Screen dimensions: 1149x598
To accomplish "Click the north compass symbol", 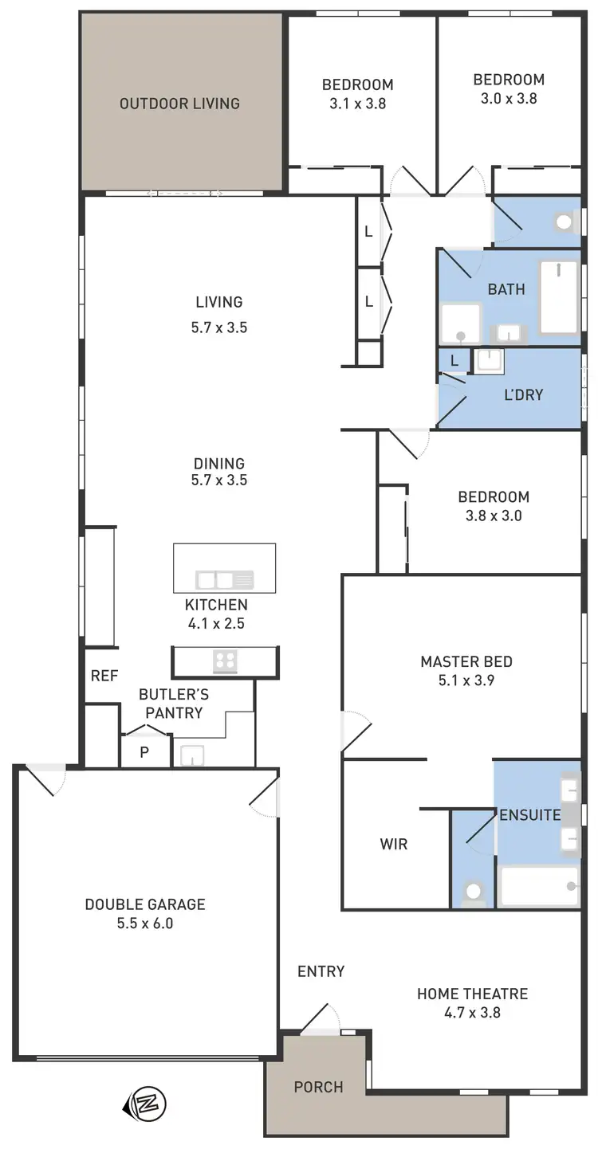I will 145,1104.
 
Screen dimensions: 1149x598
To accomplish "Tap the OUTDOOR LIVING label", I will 179,104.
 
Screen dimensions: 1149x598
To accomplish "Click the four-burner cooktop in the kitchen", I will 225,661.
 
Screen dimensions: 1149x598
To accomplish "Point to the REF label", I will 104,676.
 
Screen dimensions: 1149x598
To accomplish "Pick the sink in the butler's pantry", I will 191,755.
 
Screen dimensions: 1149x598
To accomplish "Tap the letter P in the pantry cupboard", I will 144,752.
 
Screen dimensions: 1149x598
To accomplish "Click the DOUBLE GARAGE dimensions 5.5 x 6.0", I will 145,924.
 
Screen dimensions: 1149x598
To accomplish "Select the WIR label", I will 394,844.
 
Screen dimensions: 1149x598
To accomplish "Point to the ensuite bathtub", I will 539,887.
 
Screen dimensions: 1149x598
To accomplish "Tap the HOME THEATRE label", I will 472,994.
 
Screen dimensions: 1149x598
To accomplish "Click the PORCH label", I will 318,1087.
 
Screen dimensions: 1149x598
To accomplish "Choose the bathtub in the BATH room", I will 560,297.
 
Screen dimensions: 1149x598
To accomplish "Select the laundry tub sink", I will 488,362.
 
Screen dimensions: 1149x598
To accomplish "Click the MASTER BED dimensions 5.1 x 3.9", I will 466,681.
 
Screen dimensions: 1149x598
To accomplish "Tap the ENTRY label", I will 321,971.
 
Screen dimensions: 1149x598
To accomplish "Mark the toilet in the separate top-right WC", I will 566,222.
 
